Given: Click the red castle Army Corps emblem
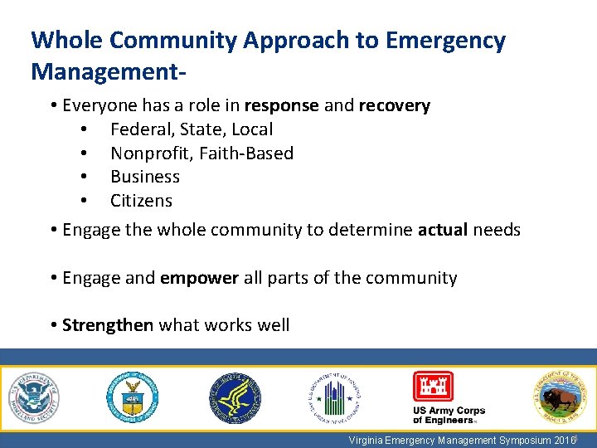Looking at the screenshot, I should pyautogui.click(x=433, y=386).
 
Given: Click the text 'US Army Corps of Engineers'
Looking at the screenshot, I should pyautogui.click(x=449, y=415).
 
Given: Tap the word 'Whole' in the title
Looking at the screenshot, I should pyautogui.click(x=66, y=41).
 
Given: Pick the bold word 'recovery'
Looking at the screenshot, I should pyautogui.click(x=394, y=105).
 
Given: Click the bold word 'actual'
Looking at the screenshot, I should pyautogui.click(x=443, y=229).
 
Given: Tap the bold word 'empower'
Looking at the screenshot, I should pyautogui.click(x=199, y=277).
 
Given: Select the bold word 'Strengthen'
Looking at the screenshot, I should pyautogui.click(x=108, y=324).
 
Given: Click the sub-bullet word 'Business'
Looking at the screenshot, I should pyautogui.click(x=145, y=177).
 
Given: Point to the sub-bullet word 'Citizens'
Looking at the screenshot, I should pyautogui.click(x=141, y=201).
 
